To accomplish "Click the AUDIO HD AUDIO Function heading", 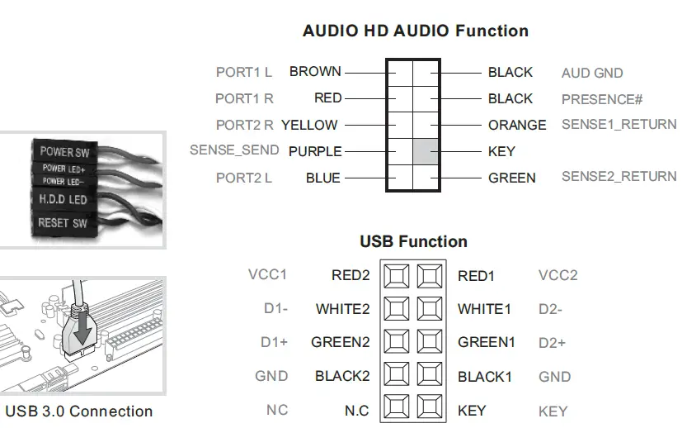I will point(415,31).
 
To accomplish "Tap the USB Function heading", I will point(413,241).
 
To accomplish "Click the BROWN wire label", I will point(315,72).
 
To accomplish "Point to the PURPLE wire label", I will point(315,152).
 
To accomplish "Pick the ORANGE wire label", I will point(517,125).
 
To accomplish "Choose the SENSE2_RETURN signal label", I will point(619,177).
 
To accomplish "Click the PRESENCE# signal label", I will point(602,99).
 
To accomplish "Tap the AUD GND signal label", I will point(592,73).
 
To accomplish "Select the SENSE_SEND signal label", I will point(234,150).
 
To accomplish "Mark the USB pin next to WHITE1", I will point(429,309).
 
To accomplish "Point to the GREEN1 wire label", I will point(487,342).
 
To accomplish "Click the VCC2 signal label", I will point(558,276).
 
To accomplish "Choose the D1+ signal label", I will point(274,342).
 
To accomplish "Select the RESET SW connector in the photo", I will point(63,222).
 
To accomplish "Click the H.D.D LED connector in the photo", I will point(64,200).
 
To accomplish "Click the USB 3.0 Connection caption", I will point(79,411).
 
